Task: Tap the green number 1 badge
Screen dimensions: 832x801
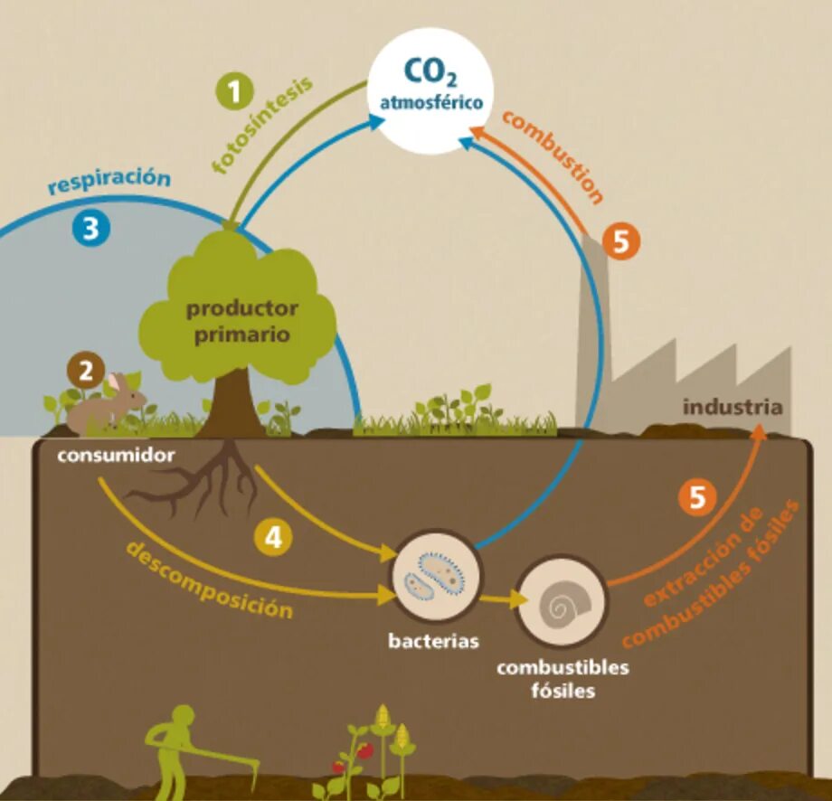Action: point(235,92)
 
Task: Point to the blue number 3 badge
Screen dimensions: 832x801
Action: point(90,229)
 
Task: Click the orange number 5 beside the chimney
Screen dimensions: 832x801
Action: point(621,242)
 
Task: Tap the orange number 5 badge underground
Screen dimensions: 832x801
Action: point(697,497)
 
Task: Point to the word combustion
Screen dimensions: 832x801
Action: point(553,155)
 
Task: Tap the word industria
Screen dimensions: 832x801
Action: point(732,407)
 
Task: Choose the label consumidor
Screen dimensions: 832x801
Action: point(116,455)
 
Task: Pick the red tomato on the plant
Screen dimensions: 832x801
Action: point(365,750)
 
